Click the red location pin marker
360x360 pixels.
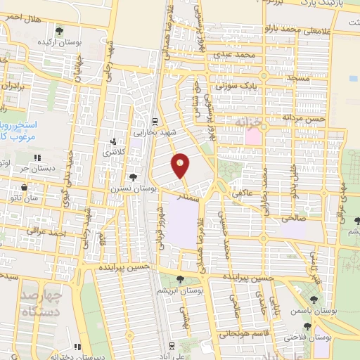tap(181, 165)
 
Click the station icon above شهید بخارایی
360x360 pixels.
tap(155, 120)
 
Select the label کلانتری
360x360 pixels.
tap(112, 151)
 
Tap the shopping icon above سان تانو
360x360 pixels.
tap(25, 188)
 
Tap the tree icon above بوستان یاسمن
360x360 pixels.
tap(313, 286)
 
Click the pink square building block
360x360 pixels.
tap(251, 136)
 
